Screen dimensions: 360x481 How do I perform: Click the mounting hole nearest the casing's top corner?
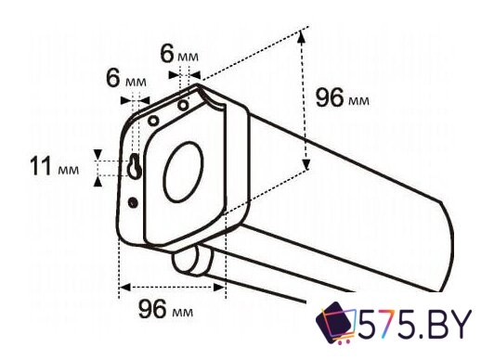click(x=184, y=105)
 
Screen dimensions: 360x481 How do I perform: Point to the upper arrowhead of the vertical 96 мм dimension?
click(x=302, y=35)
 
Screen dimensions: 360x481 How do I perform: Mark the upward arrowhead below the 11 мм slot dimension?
click(x=96, y=180)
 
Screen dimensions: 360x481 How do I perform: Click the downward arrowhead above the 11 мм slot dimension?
click(x=96, y=154)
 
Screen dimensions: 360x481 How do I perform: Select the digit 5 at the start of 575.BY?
click(x=370, y=327)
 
